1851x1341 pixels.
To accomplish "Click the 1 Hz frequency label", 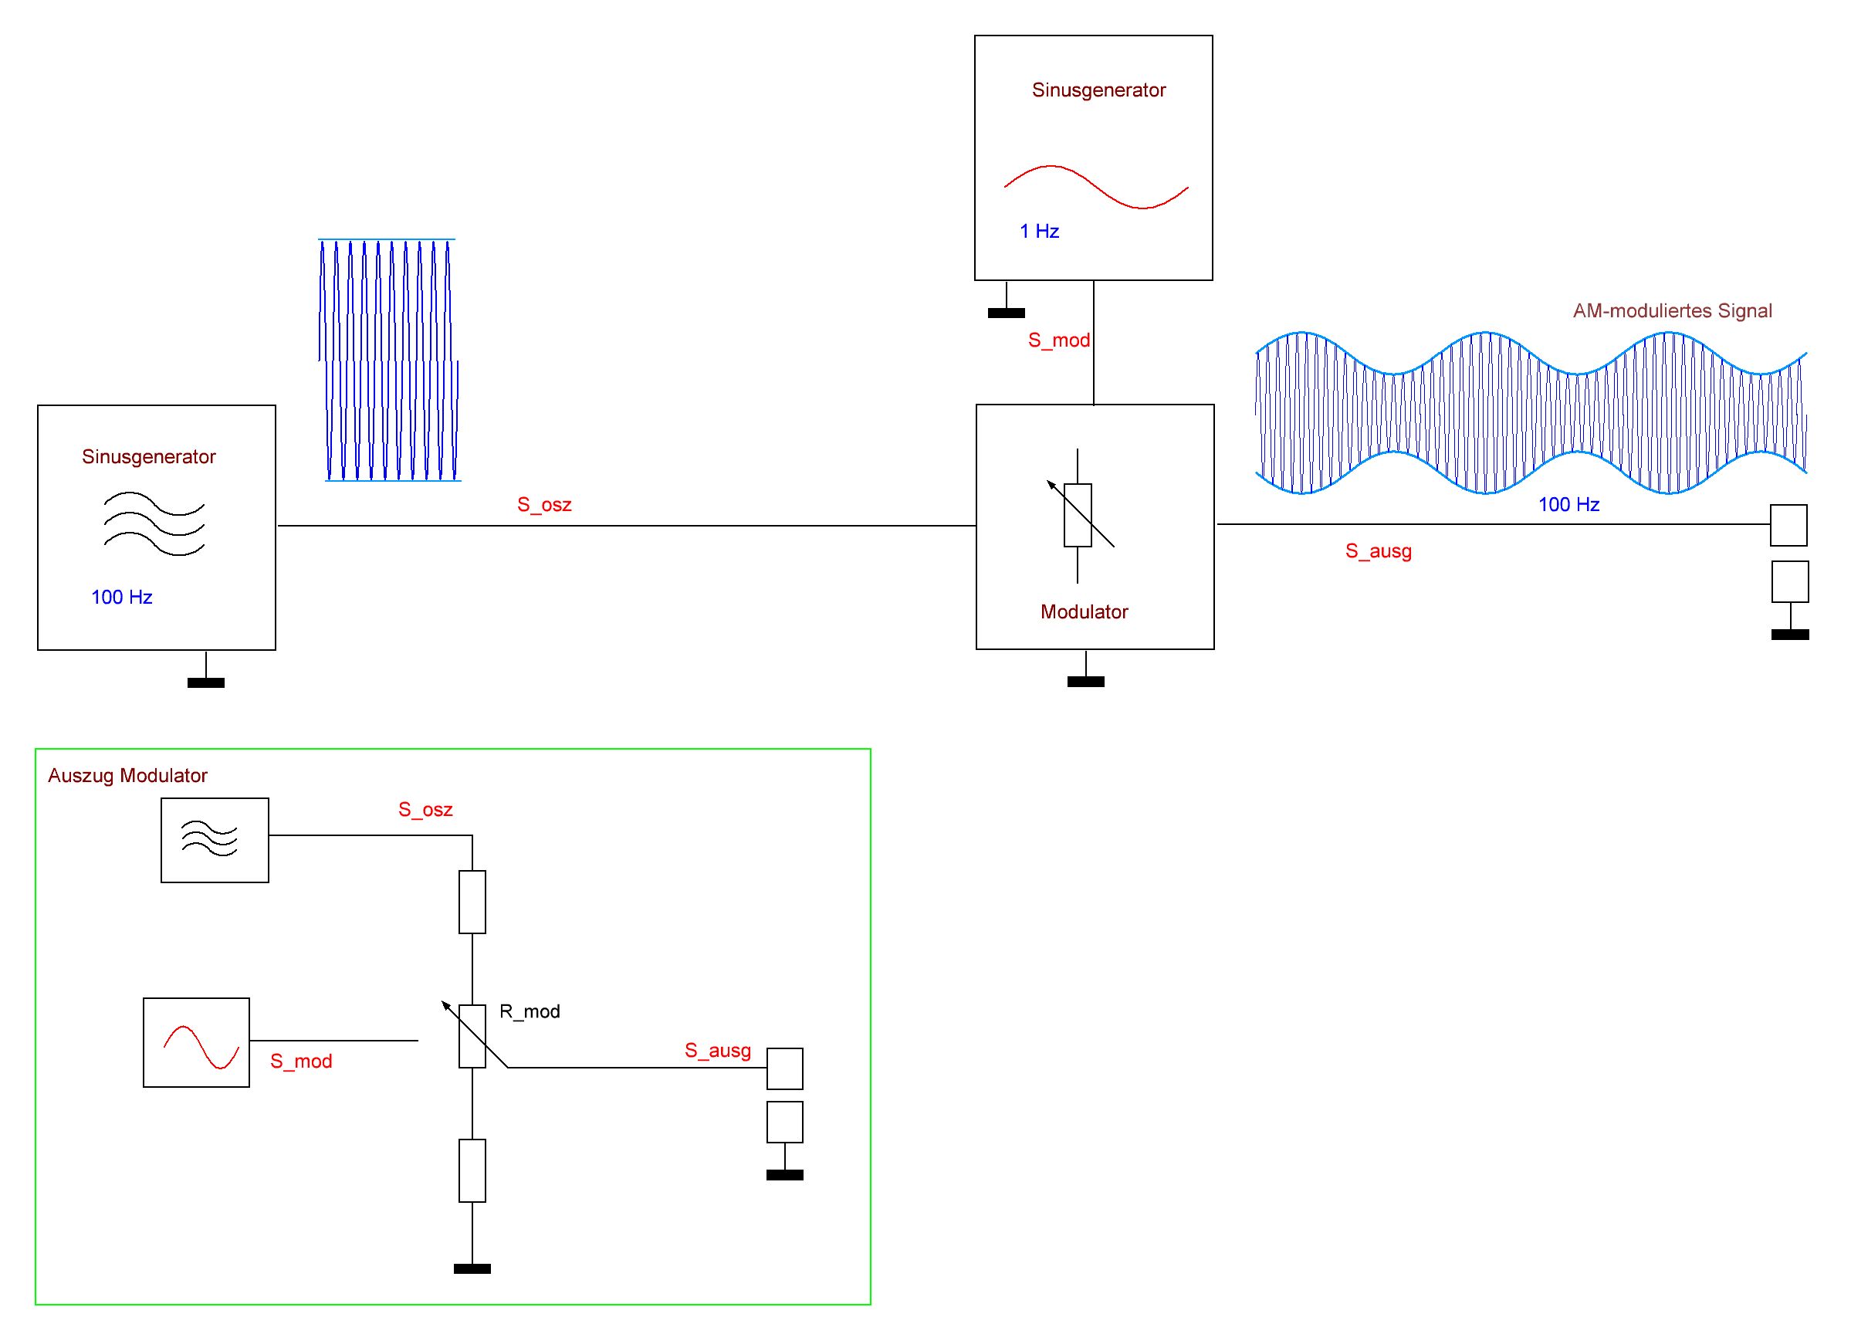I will (1039, 232).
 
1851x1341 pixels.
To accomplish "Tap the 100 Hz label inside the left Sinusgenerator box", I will (122, 598).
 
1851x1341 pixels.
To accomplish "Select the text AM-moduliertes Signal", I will (1672, 311).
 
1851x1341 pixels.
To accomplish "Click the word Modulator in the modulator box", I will (1084, 612).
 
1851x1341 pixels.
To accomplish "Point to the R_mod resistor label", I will (530, 1012).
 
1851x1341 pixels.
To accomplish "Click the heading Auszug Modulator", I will (127, 776).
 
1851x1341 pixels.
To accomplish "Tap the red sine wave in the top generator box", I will (1095, 187).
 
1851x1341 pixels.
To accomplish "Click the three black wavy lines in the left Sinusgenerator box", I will (154, 523).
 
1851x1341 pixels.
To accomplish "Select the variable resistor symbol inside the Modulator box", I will (1078, 515).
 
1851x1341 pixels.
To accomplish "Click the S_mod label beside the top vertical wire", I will (1058, 340).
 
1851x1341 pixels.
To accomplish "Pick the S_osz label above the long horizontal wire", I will (544, 505).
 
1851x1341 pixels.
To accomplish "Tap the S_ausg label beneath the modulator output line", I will (1379, 552).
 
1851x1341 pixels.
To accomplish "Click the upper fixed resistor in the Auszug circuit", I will (472, 902).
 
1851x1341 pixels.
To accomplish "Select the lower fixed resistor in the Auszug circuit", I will (472, 1171).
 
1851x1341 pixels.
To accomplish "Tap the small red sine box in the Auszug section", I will (197, 1043).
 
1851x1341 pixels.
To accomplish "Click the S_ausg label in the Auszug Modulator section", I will (717, 1051).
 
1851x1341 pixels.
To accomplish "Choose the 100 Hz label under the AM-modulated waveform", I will (1568, 505).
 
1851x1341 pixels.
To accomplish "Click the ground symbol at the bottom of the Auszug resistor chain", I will (472, 1268).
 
